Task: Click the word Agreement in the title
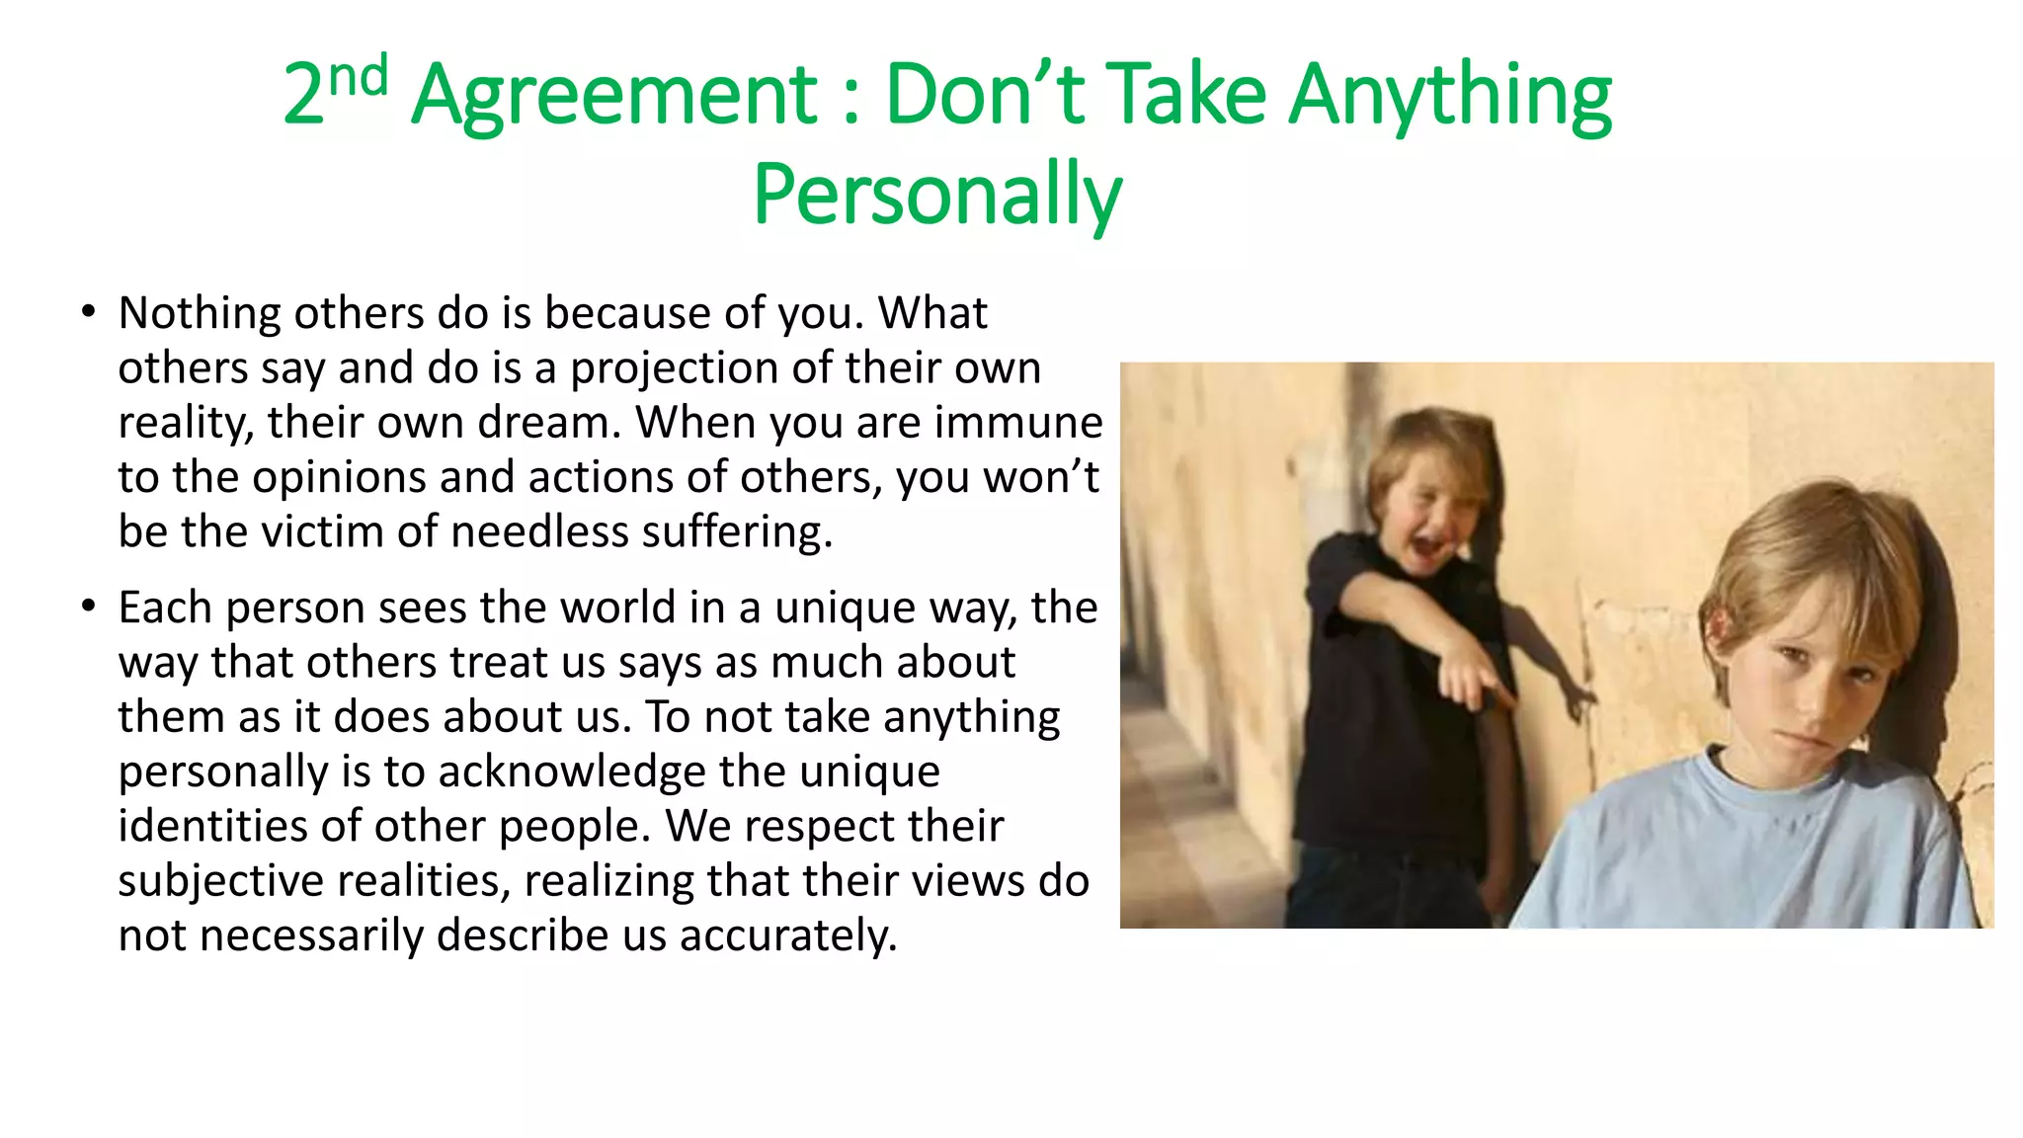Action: coord(614,96)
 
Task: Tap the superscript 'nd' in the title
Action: coord(358,76)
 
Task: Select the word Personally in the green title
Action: coord(936,195)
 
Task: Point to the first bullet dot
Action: coord(89,312)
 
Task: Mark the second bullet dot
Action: coord(89,606)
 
